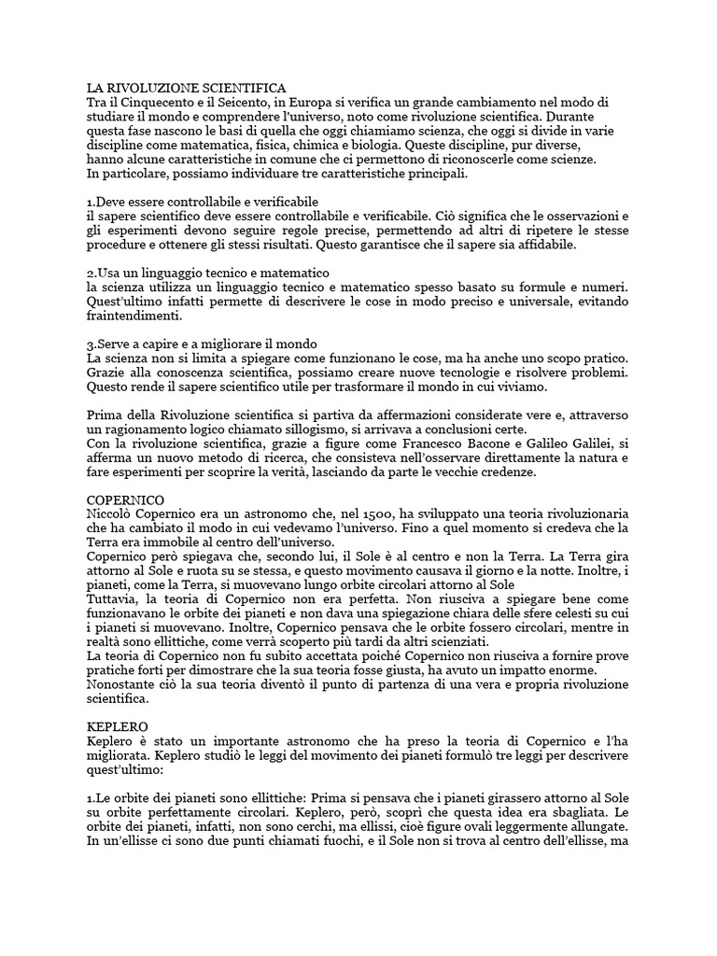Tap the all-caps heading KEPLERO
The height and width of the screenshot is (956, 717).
coord(116,724)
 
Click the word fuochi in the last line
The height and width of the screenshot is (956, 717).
coord(375,843)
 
